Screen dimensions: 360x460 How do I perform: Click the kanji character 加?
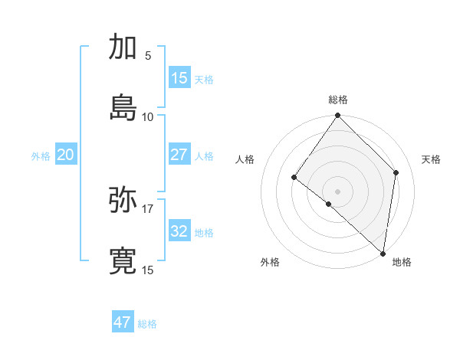click(x=123, y=47)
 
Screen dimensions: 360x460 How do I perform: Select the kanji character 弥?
click(x=123, y=201)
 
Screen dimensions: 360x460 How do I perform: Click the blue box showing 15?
click(x=179, y=77)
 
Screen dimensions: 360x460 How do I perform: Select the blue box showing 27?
click(x=179, y=155)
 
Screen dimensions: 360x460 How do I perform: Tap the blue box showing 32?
click(x=179, y=231)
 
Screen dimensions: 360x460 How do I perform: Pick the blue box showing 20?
click(x=65, y=155)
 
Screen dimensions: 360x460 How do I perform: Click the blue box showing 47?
click(x=123, y=322)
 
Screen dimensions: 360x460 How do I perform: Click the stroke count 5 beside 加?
click(x=148, y=56)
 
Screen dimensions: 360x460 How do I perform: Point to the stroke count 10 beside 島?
click(x=148, y=116)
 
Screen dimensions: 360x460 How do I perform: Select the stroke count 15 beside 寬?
click(x=148, y=270)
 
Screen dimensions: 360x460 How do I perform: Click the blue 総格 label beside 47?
click(x=147, y=324)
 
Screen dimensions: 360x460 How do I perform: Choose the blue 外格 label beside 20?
click(x=41, y=156)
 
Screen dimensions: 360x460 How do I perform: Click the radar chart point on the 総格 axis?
click(x=338, y=116)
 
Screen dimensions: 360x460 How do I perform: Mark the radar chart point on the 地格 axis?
click(x=383, y=254)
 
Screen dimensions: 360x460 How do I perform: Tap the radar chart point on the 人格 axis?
click(x=294, y=178)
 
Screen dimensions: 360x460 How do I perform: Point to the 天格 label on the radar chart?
click(x=432, y=159)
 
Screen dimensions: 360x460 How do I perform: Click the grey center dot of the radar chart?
click(x=338, y=191)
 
